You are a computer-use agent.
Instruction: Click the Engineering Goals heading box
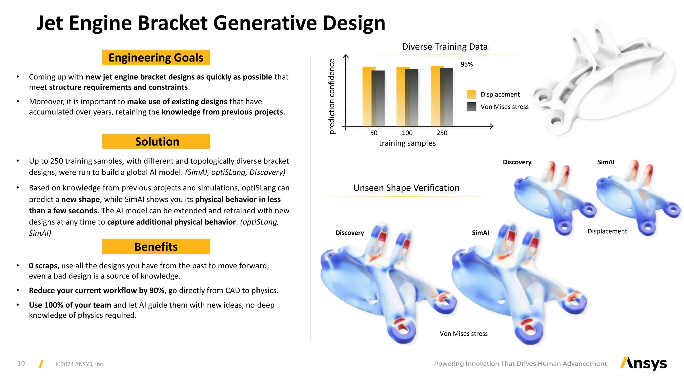[x=156, y=57]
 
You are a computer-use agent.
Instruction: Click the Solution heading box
[x=156, y=141]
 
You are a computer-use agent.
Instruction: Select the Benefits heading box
[x=156, y=246]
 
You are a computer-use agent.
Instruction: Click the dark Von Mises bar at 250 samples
[x=447, y=97]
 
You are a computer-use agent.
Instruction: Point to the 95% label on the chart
[x=466, y=64]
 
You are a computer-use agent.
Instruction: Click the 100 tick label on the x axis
[x=407, y=133]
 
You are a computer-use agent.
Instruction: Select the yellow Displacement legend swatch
[x=471, y=94]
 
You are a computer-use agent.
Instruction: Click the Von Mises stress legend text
[x=504, y=107]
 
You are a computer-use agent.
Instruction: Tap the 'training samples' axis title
[x=407, y=143]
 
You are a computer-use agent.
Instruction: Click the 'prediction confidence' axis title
[x=331, y=96]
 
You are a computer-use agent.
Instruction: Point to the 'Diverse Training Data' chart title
[x=445, y=47]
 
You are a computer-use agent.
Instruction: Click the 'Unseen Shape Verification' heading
[x=406, y=188]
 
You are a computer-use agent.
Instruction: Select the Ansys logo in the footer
[x=643, y=363]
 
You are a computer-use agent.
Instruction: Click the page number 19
[x=21, y=364]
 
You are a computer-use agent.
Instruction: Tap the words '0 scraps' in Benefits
[x=43, y=266]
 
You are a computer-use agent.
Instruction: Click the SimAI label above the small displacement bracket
[x=606, y=162]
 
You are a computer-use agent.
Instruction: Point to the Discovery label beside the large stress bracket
[x=349, y=233]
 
